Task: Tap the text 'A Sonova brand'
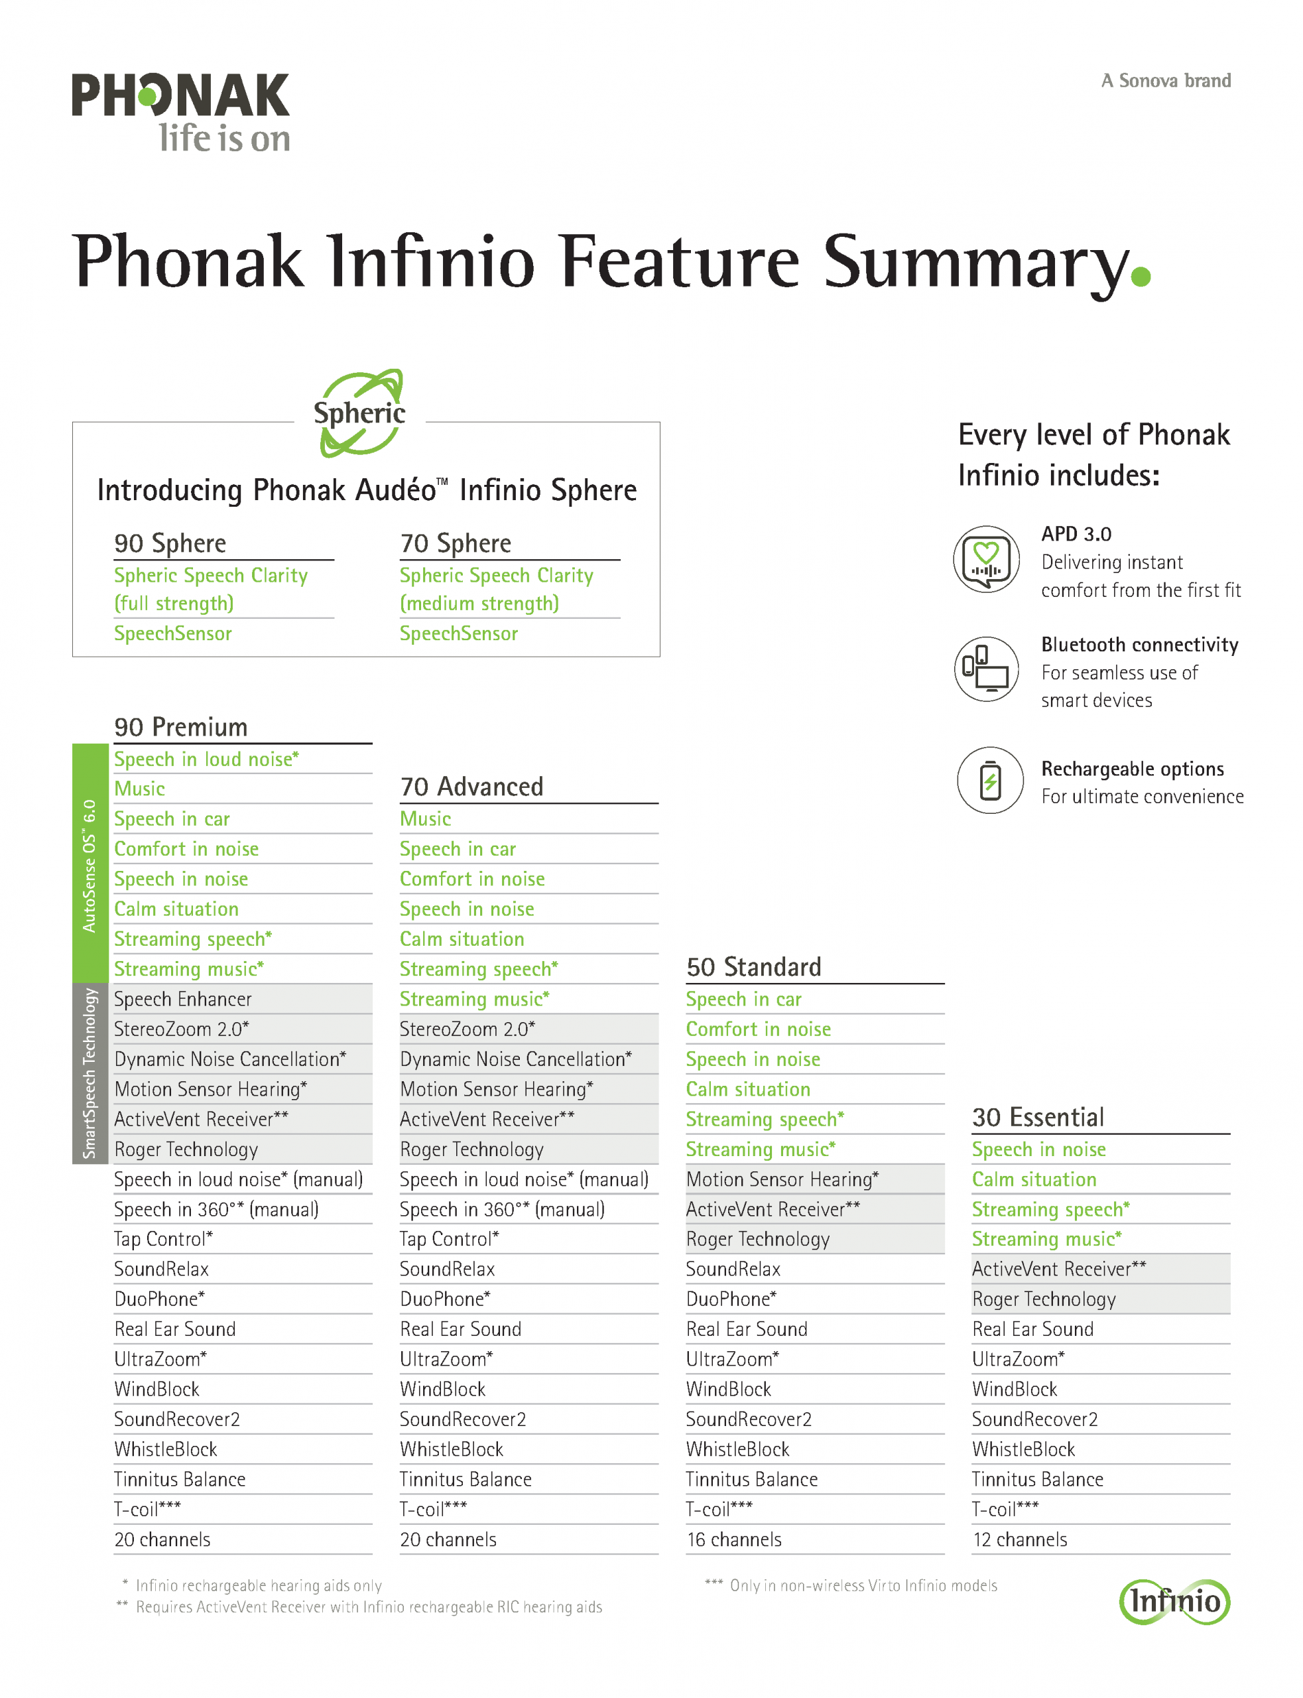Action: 1165,81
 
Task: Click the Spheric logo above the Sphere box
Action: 360,413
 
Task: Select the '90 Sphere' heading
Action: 170,543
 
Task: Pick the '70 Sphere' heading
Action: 456,543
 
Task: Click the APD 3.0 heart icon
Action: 986,558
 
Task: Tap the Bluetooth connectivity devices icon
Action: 986,669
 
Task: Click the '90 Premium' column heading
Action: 181,727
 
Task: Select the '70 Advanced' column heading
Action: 471,787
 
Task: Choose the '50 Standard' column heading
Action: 753,966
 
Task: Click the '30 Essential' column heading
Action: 1038,1117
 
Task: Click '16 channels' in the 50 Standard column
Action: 733,1539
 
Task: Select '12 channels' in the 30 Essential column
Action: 1019,1539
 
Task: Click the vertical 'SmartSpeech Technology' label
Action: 90,1073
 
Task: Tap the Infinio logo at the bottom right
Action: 1174,1601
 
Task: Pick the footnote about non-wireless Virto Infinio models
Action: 851,1585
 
